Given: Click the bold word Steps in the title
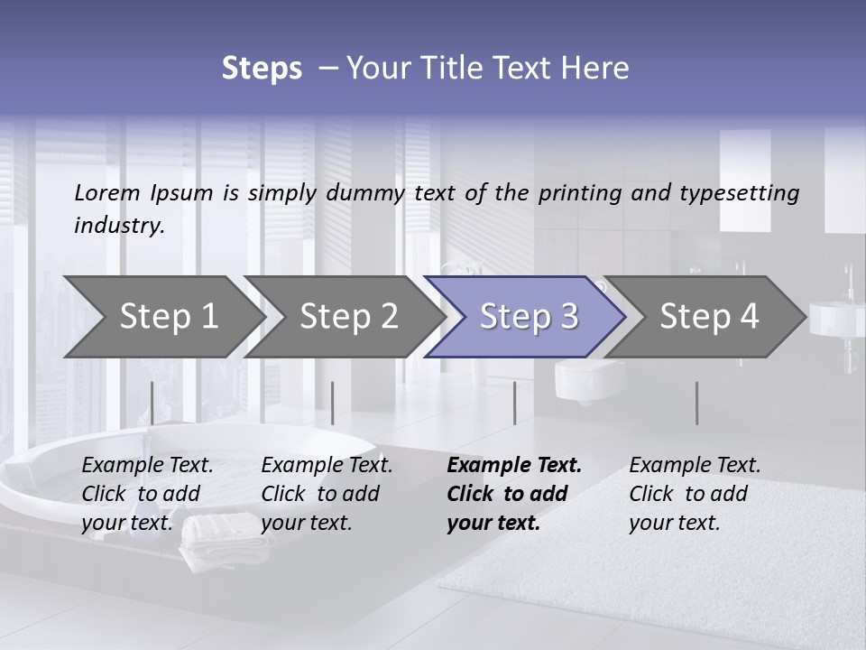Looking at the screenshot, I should pyautogui.click(x=262, y=69).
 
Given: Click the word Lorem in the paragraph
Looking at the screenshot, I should pyautogui.click(x=107, y=192).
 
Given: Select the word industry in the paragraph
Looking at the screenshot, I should pyautogui.click(x=119, y=226).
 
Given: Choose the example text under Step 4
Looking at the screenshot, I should pyautogui.click(x=695, y=494).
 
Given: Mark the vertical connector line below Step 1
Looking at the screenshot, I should pyautogui.click(x=152, y=403).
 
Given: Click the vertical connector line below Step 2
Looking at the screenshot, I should pyautogui.click(x=333, y=403).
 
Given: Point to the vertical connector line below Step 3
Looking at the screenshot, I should pyautogui.click(x=514, y=403).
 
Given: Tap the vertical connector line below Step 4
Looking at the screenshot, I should pyautogui.click(x=696, y=403).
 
